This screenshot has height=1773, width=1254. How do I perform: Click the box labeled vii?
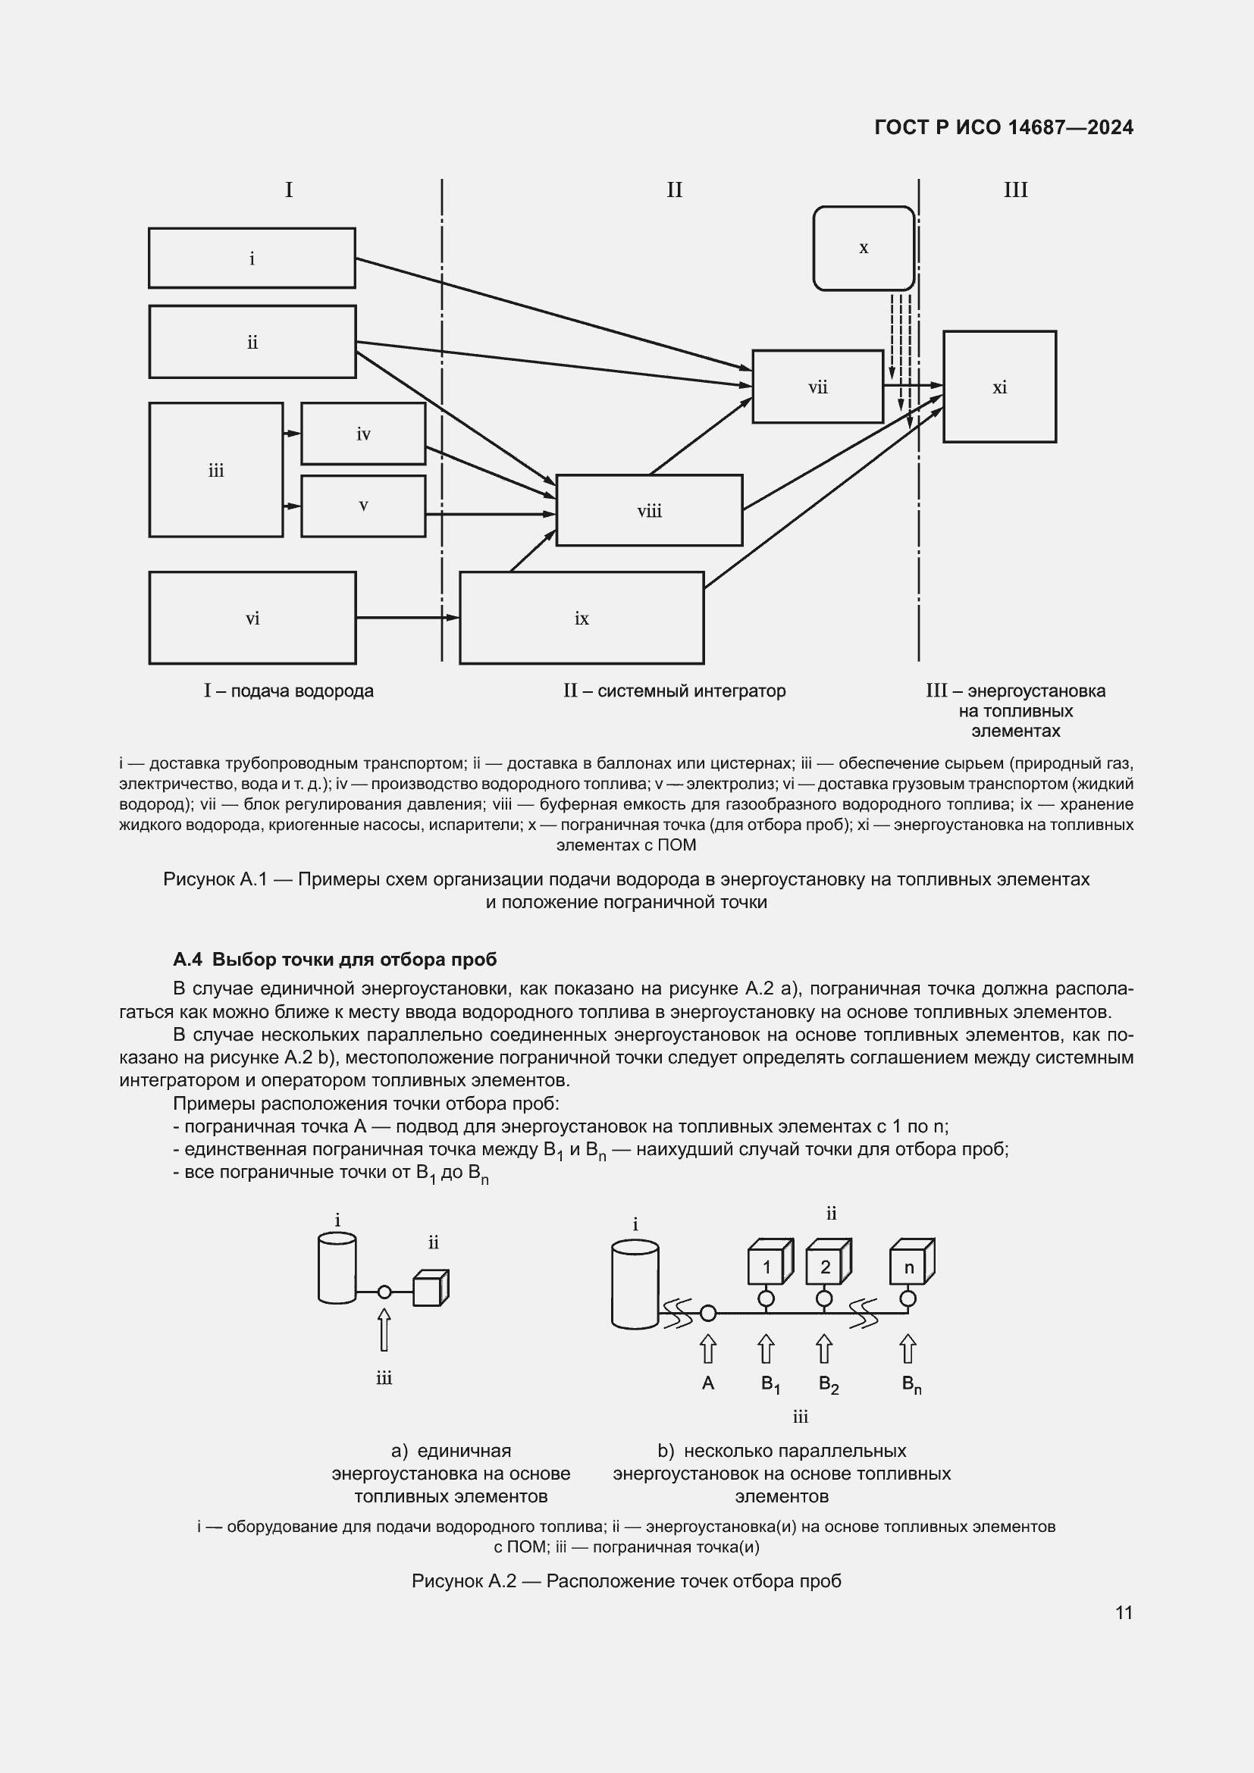(x=817, y=387)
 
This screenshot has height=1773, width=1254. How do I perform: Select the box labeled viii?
(x=649, y=510)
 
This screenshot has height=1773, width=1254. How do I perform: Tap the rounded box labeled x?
(x=864, y=248)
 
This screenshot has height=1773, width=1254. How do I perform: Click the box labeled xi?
(x=999, y=387)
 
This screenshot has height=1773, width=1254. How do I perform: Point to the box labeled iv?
(x=363, y=434)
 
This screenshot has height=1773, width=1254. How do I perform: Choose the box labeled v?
(x=363, y=506)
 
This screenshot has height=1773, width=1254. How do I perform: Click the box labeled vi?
(x=252, y=618)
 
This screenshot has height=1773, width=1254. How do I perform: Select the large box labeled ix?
(x=582, y=618)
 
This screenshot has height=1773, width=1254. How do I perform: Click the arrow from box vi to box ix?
(x=407, y=618)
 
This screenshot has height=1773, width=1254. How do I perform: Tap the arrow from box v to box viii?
(x=491, y=513)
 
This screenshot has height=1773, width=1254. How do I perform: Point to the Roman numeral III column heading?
(x=1014, y=190)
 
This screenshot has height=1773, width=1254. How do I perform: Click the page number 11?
(x=1124, y=1612)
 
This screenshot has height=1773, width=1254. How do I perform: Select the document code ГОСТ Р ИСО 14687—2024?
(x=1004, y=127)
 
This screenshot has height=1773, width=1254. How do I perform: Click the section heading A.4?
(x=335, y=960)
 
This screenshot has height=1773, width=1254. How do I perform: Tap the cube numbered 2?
(x=827, y=1267)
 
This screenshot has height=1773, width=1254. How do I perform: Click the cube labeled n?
(x=911, y=1267)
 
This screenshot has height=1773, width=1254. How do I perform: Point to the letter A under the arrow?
(x=707, y=1384)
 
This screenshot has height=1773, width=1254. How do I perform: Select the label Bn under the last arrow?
(x=911, y=1385)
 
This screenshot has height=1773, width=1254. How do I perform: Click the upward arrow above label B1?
(x=765, y=1349)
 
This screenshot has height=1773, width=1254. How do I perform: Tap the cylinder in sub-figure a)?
(x=337, y=1268)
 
